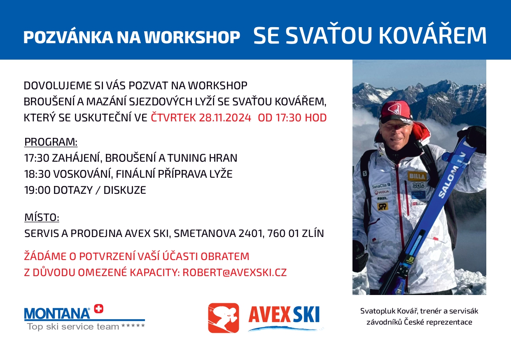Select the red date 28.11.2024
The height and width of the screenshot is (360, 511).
click(x=225, y=118)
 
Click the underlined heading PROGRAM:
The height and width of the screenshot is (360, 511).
click(x=51, y=142)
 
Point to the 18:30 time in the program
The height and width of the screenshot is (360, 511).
click(x=37, y=174)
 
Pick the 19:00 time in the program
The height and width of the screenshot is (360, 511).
click(x=37, y=190)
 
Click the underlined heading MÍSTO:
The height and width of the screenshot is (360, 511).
click(x=42, y=217)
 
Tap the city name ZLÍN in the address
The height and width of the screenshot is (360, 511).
click(x=313, y=233)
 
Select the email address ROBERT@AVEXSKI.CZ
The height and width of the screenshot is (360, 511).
click(x=235, y=272)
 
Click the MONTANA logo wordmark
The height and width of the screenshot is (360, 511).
click(x=57, y=314)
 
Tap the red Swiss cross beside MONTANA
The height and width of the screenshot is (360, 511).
click(x=99, y=309)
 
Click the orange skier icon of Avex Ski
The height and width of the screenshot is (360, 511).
click(x=224, y=318)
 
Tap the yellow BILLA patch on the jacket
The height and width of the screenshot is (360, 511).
click(x=417, y=176)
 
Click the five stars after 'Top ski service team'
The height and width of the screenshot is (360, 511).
click(x=133, y=325)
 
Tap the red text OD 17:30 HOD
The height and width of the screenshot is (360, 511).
click(x=292, y=118)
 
